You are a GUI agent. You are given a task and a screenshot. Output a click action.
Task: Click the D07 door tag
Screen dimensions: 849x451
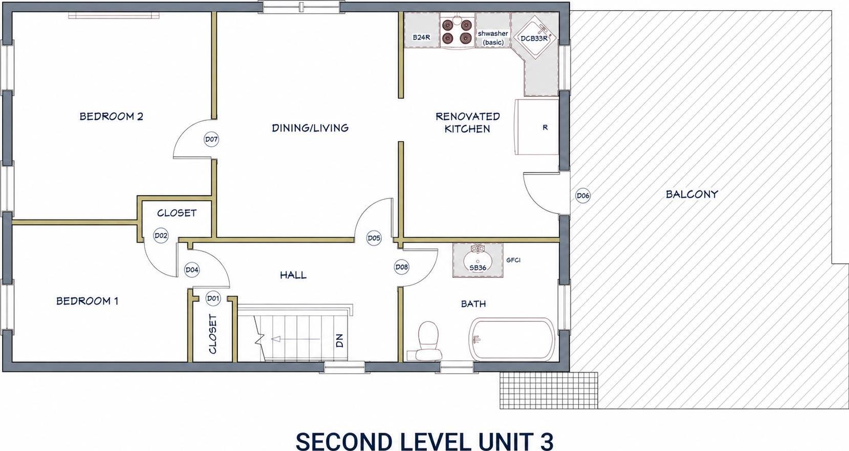coord(211,139)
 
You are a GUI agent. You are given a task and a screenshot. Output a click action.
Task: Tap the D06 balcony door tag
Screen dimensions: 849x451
coord(582,196)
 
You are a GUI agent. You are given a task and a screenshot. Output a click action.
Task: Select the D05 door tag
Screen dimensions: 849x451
coord(374,239)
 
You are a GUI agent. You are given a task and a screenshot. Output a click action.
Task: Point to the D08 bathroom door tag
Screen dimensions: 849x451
coord(401,267)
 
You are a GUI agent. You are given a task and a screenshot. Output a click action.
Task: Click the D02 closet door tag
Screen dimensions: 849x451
coord(161,235)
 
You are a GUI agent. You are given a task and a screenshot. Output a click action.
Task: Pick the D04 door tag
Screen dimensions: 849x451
coord(192,270)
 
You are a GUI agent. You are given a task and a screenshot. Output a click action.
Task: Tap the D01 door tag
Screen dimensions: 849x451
coord(213,298)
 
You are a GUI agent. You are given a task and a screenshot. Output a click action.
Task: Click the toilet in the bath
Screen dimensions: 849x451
coord(428,341)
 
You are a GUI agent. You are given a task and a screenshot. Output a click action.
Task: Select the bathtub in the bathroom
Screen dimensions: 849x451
coord(512,339)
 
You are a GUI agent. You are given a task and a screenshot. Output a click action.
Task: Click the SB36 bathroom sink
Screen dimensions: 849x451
coord(478,261)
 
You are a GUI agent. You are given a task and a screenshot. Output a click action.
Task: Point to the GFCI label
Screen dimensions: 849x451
coord(513,260)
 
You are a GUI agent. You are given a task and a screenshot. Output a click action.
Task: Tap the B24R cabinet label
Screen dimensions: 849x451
coord(421,37)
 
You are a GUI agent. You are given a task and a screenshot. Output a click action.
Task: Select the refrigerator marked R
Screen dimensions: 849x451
coord(536,127)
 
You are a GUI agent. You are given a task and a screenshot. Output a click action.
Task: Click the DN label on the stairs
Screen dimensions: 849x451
coord(340,341)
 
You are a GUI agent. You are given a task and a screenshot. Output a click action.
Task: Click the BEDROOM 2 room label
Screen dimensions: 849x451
coord(112,116)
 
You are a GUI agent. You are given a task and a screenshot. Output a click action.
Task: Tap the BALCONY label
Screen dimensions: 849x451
coord(692,195)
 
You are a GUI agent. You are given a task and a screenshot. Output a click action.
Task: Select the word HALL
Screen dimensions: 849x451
coord(293,275)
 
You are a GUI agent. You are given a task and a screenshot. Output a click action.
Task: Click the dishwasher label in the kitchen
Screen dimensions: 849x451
coord(493,38)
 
